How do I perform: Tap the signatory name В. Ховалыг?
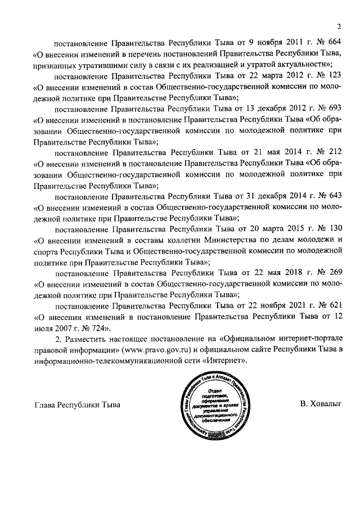[321, 404]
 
